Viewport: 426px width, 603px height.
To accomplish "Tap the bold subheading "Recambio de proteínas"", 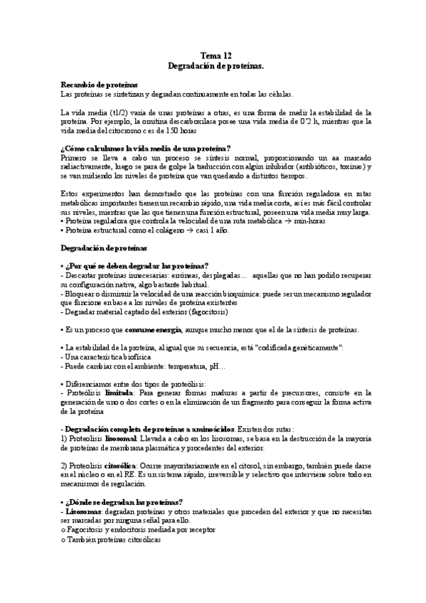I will (100, 85).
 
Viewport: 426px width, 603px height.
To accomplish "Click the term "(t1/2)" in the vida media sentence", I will (110, 112).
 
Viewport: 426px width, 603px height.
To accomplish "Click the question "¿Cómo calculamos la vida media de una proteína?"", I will (141, 149).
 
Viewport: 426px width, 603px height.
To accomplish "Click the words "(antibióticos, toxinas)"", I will (326, 166).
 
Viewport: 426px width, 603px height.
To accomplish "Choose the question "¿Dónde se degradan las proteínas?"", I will (125, 503).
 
